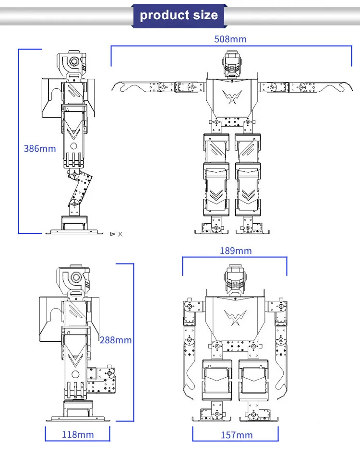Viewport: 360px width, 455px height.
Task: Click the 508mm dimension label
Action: click(230, 39)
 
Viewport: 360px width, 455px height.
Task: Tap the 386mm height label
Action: click(40, 148)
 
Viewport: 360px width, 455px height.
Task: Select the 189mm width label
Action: click(235, 251)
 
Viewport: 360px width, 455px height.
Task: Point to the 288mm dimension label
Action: click(116, 340)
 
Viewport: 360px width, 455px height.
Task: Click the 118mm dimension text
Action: click(78, 435)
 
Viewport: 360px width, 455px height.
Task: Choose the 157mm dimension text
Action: click(236, 435)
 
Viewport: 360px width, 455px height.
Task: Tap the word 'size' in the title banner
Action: click(206, 15)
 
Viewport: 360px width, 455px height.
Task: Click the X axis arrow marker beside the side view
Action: click(115, 234)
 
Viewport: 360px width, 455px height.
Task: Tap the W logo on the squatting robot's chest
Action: click(235, 317)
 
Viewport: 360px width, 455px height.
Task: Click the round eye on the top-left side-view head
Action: click(74, 61)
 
